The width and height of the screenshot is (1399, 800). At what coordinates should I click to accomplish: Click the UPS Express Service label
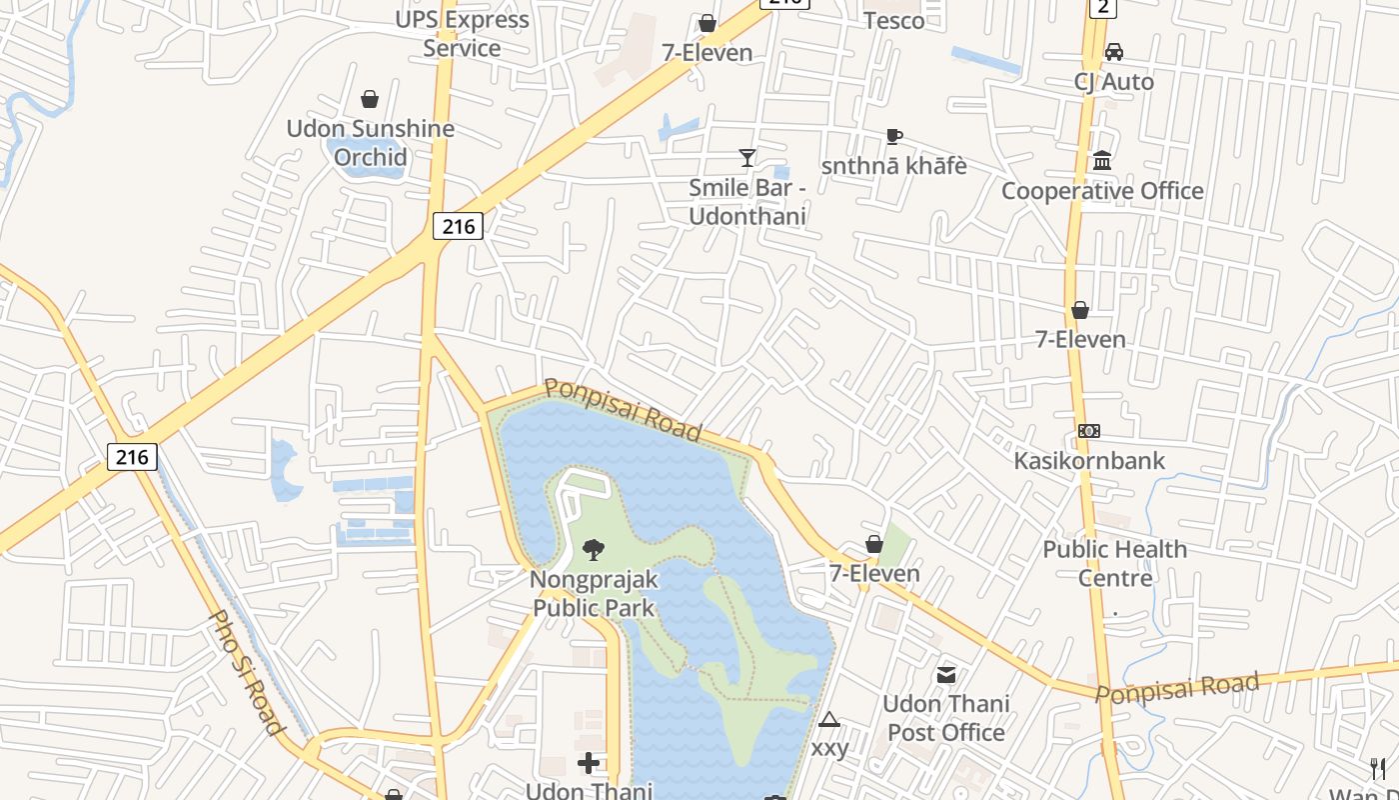[x=462, y=33]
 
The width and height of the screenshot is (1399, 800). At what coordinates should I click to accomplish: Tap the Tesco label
[x=893, y=20]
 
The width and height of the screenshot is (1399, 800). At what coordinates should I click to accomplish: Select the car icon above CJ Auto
[x=1113, y=52]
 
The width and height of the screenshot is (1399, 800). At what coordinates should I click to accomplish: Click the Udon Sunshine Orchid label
[x=371, y=142]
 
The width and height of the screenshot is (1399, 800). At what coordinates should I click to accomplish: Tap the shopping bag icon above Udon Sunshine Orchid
[x=370, y=99]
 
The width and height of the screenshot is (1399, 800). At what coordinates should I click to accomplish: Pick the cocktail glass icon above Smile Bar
[x=746, y=157]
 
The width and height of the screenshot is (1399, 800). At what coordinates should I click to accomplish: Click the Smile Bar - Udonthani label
[x=747, y=201]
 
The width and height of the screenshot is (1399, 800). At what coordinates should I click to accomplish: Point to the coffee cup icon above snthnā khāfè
[x=894, y=136]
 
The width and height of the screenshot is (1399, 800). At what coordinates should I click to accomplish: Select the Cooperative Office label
[x=1102, y=190]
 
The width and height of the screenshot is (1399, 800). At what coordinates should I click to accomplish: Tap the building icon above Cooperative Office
[x=1102, y=160]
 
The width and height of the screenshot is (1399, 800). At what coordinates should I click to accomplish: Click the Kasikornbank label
[x=1089, y=460]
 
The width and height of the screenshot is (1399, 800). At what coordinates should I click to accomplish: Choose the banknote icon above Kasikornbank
[x=1088, y=431]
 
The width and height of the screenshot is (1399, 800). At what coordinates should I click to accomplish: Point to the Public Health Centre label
[x=1115, y=563]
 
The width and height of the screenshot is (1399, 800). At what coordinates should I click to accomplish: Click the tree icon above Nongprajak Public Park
[x=594, y=549]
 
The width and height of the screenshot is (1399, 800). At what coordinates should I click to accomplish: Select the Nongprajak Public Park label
[x=594, y=593]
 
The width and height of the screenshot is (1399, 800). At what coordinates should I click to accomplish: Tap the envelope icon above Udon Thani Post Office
[x=945, y=674]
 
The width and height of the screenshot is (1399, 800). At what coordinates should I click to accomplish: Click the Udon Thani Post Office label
[x=945, y=717]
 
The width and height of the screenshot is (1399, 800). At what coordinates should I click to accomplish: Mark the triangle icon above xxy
[x=828, y=719]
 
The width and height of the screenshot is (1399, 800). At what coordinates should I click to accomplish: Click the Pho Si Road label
[x=246, y=672]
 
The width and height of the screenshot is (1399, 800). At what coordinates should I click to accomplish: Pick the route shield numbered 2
[x=1101, y=8]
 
